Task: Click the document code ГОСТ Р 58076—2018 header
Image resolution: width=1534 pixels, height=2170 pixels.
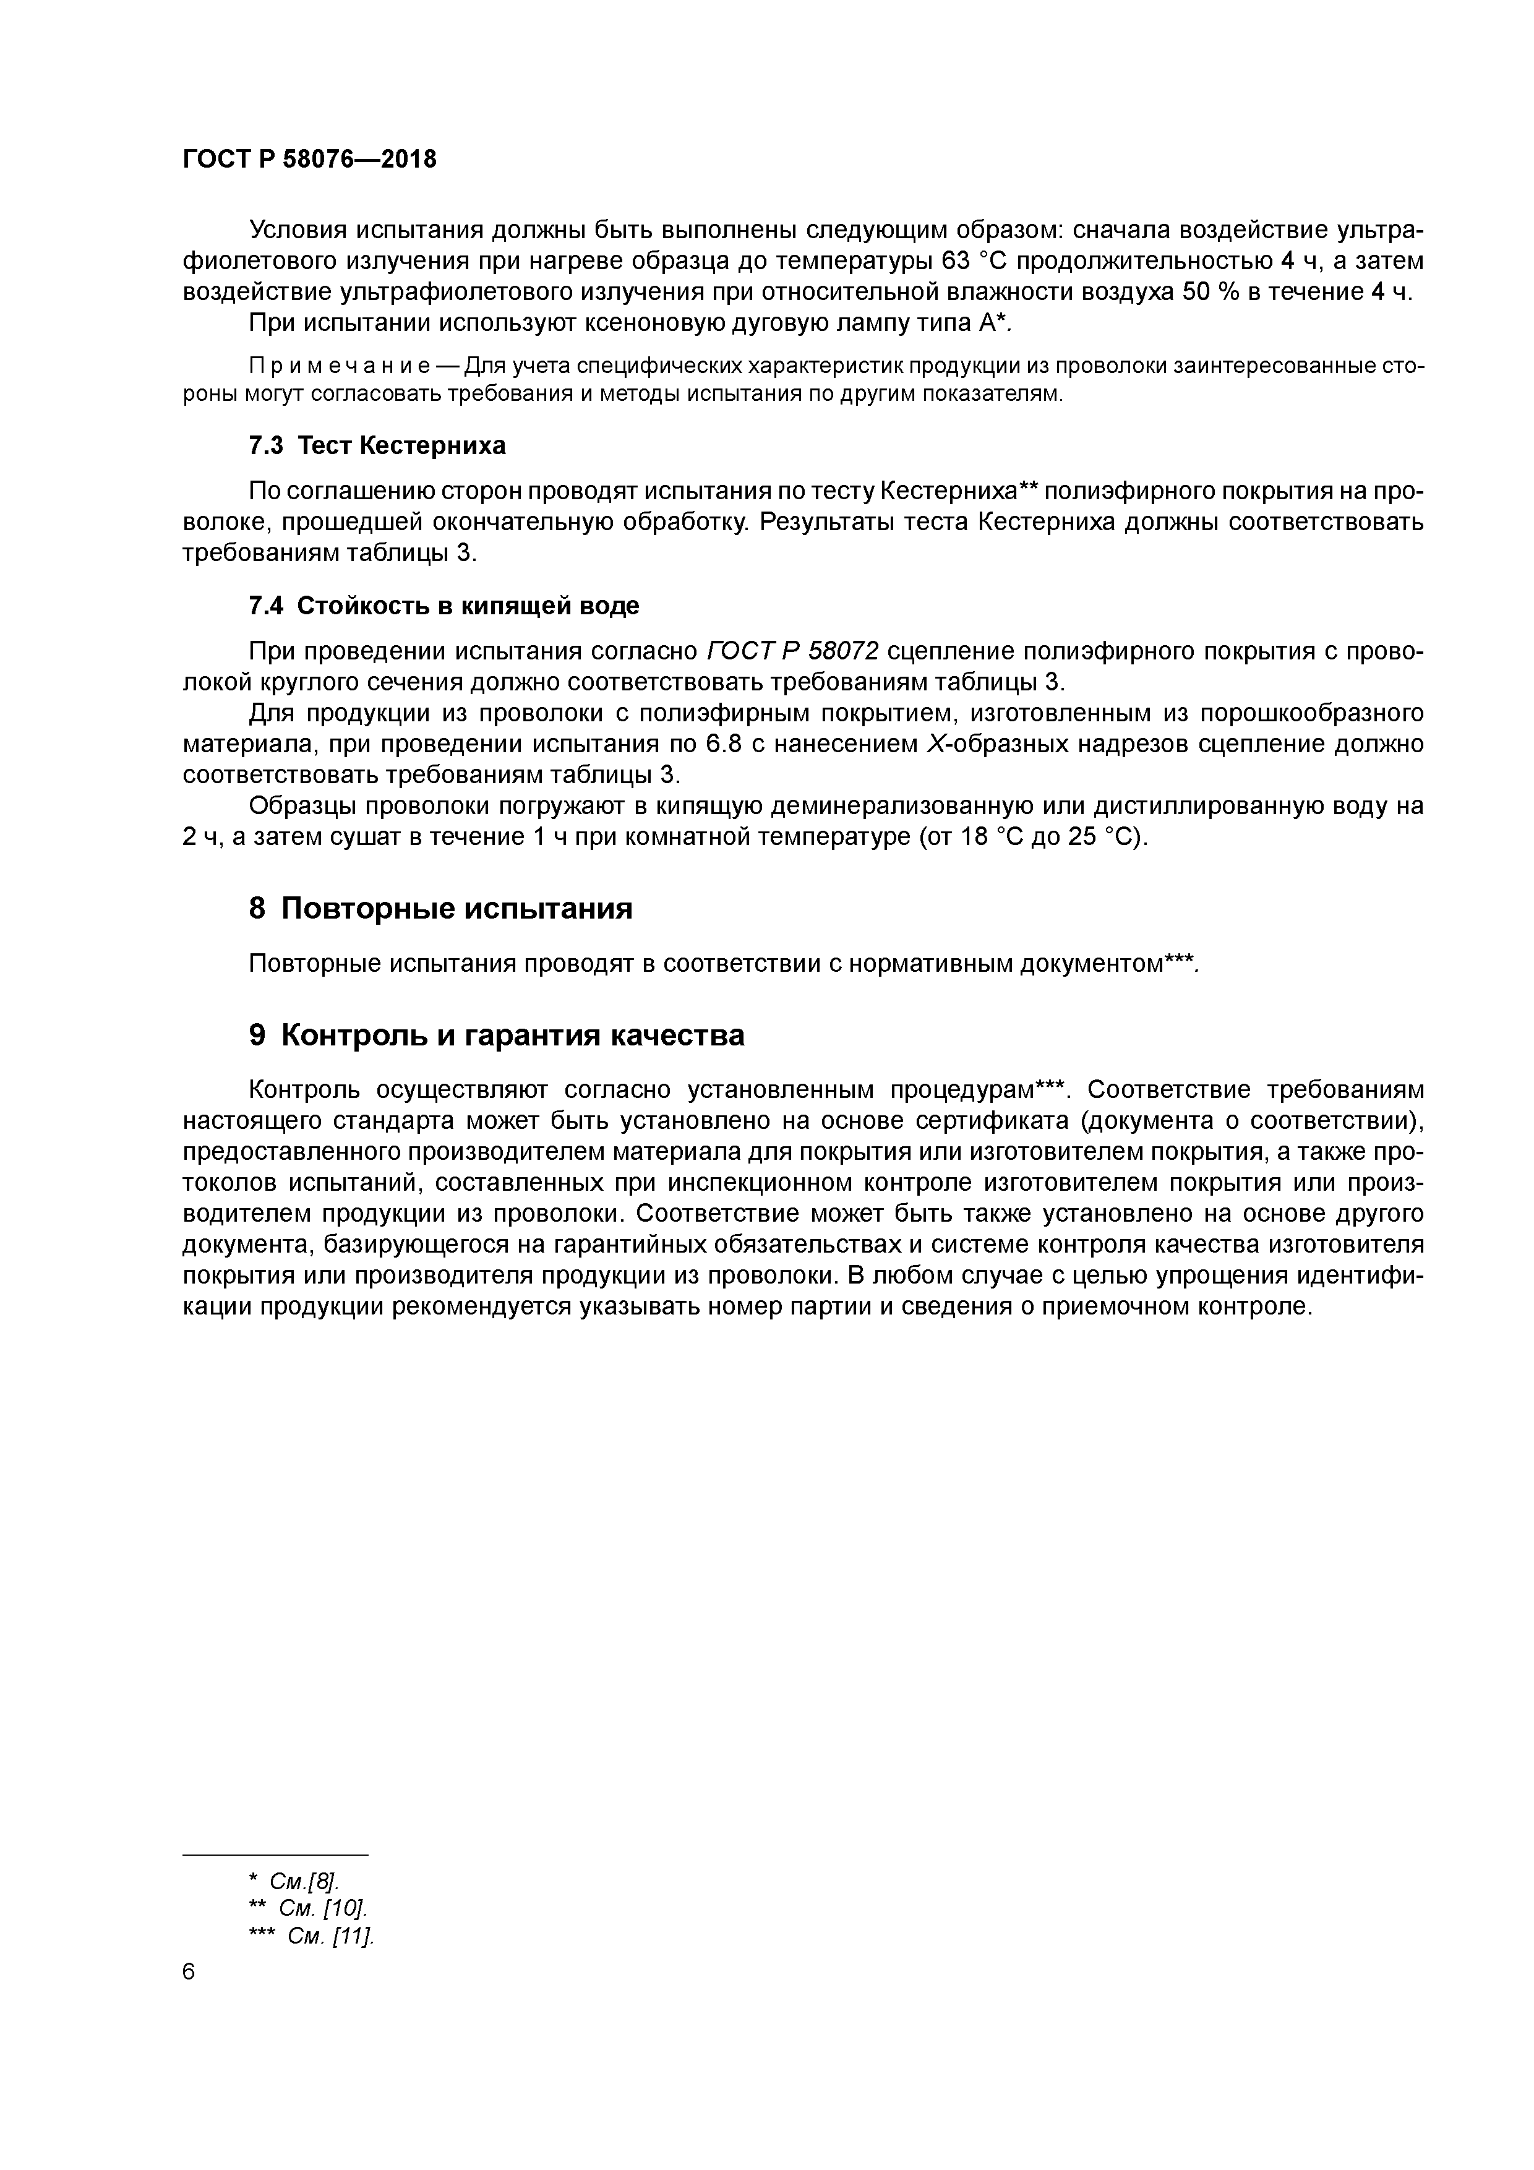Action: click(309, 160)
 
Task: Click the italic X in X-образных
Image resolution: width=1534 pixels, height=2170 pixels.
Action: click(931, 745)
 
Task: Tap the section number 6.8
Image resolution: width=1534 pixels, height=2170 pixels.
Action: click(723, 745)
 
